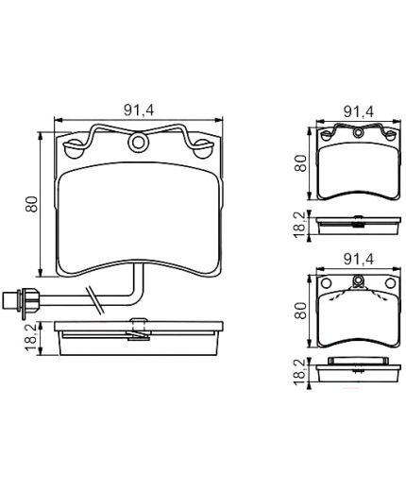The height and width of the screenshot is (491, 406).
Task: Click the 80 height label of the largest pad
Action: pos(30,202)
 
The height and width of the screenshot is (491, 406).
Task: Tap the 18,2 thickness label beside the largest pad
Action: pos(30,336)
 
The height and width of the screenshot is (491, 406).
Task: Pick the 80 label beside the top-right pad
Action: pos(301,162)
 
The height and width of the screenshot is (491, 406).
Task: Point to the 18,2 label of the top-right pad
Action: pos(301,223)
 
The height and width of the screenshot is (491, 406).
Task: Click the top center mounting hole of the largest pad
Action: pos(141,144)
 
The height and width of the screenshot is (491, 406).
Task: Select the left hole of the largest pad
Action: pos(72,149)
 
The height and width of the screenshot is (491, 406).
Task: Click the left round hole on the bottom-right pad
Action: pos(326,283)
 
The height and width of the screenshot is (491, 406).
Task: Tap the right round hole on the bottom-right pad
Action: pos(388,283)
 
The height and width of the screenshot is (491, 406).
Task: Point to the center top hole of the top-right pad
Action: pos(357,136)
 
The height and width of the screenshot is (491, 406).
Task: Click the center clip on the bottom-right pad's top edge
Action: pos(357,279)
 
